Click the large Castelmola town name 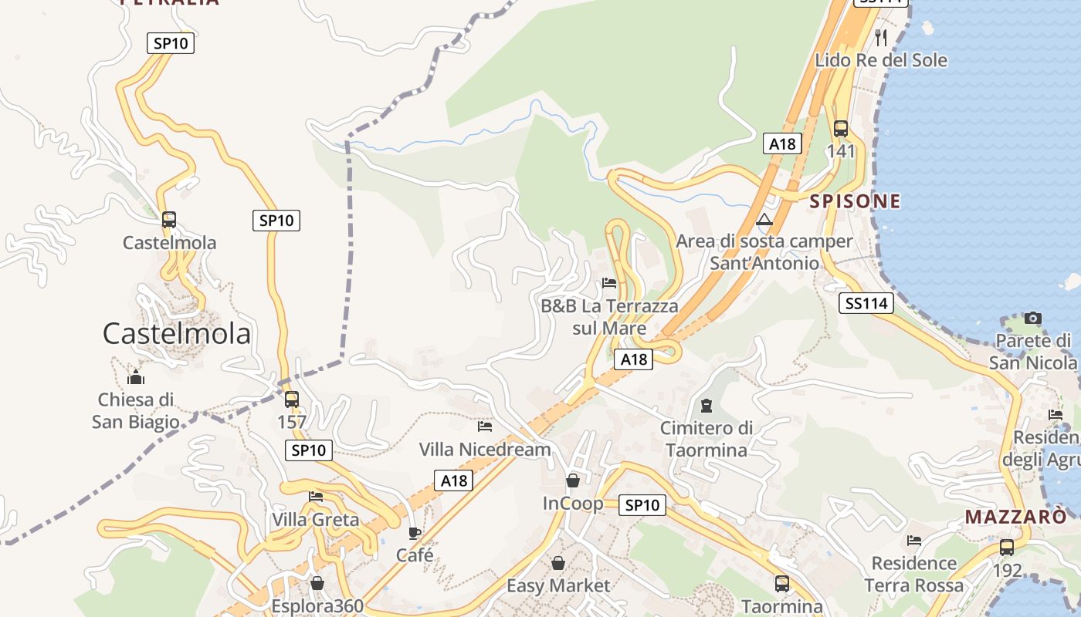click(x=177, y=334)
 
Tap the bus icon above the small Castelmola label click(x=169, y=220)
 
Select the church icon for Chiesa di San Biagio click(x=136, y=377)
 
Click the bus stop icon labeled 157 click(x=291, y=400)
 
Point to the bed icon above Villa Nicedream click(x=485, y=426)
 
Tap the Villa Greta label click(x=315, y=520)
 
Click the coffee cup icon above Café click(x=415, y=532)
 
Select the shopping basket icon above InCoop click(x=572, y=480)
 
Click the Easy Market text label click(x=557, y=586)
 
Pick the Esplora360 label click(x=317, y=606)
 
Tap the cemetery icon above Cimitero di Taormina click(x=706, y=405)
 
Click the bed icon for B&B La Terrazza click(x=609, y=283)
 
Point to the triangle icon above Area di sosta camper click(x=764, y=220)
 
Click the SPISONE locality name click(x=855, y=201)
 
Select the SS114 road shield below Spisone click(x=866, y=304)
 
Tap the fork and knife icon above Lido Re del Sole click(x=881, y=37)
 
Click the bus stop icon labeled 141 click(x=841, y=129)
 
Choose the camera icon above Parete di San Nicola click(x=1032, y=318)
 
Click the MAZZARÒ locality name click(x=1015, y=517)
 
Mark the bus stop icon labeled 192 click(x=1007, y=548)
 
